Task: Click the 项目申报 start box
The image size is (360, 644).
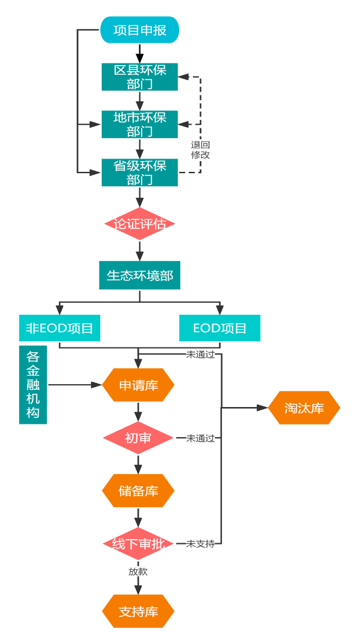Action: coord(139,30)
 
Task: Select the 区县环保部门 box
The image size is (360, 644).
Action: coord(139,77)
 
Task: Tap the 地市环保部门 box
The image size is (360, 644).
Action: coord(139,124)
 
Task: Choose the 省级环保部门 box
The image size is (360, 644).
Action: coord(139,172)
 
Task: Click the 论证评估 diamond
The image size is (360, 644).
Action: coord(139,224)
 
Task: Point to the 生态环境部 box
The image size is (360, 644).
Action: coord(139,276)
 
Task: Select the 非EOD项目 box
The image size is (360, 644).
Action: coord(59,328)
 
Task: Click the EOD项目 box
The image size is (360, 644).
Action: coord(219,328)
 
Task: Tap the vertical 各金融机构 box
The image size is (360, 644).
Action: coord(33,385)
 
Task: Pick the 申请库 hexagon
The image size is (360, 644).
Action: coord(138,385)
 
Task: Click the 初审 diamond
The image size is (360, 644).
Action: coord(138,438)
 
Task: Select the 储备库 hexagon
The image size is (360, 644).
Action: coord(138,491)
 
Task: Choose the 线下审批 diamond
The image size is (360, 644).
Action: coord(138,543)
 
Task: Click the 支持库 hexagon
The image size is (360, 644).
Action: coord(138,611)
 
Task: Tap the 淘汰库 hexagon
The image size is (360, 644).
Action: coord(304,408)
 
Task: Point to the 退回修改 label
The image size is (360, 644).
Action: coord(200,150)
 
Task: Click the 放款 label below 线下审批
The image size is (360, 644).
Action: coord(137,571)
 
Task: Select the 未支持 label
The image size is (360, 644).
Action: coord(200,543)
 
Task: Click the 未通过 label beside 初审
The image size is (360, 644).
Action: coord(200,438)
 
